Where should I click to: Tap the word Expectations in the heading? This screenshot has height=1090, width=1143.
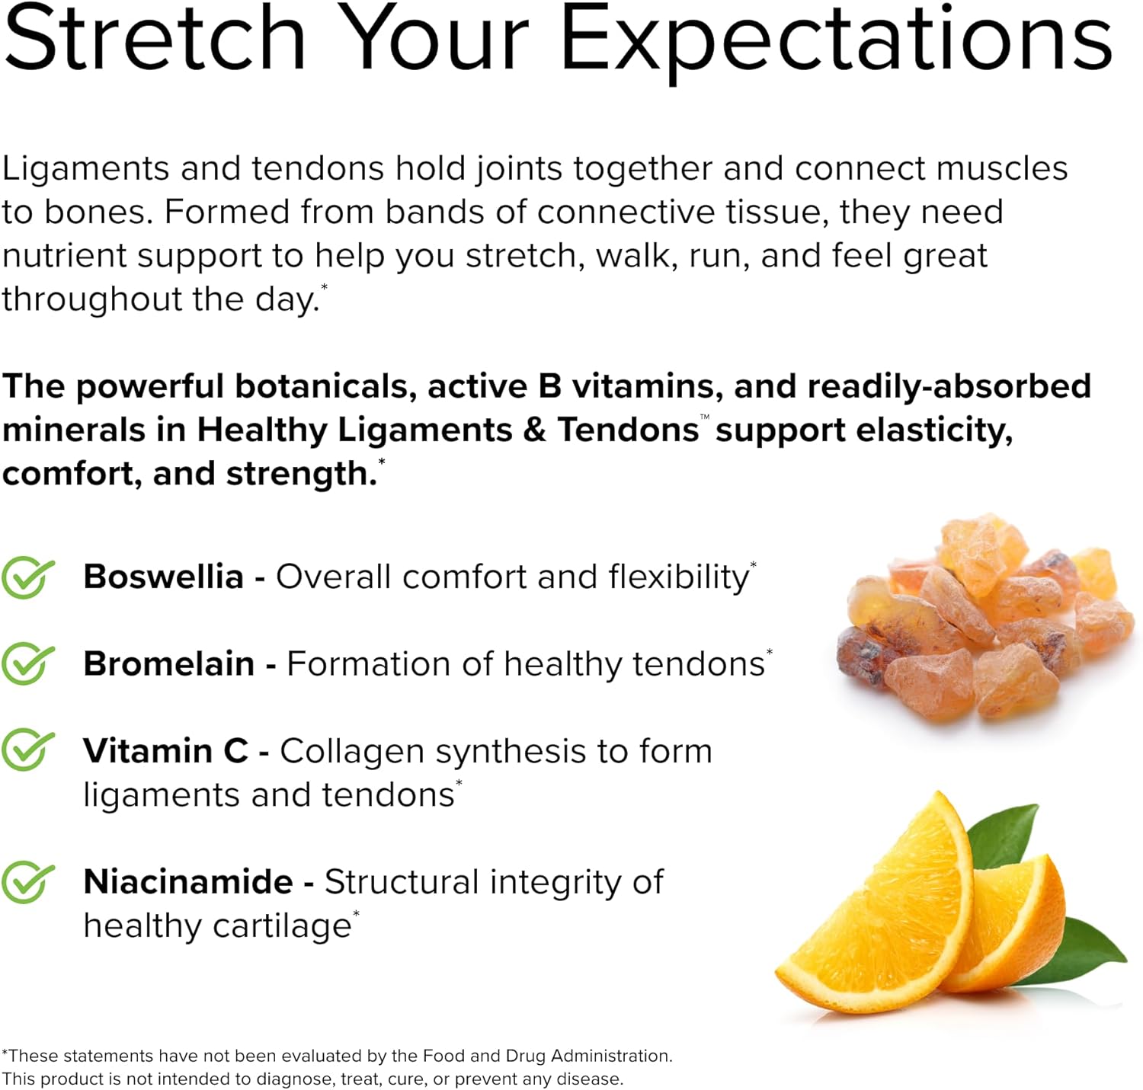[836, 44]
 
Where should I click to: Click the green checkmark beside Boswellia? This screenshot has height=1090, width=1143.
[28, 577]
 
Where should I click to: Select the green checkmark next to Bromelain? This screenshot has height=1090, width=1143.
[28, 663]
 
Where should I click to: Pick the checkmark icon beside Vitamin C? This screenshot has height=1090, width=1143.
[28, 750]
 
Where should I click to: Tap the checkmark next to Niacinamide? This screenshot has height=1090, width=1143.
[28, 882]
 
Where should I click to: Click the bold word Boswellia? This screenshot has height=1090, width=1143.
[163, 577]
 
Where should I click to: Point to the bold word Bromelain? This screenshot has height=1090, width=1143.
[169, 663]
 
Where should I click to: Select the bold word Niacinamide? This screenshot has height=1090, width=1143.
[188, 882]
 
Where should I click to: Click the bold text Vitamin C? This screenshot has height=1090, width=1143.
[165, 750]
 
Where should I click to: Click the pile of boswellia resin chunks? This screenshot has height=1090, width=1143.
[985, 619]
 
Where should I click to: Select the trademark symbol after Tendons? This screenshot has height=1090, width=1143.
[705, 416]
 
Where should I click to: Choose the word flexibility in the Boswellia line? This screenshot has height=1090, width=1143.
[679, 578]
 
